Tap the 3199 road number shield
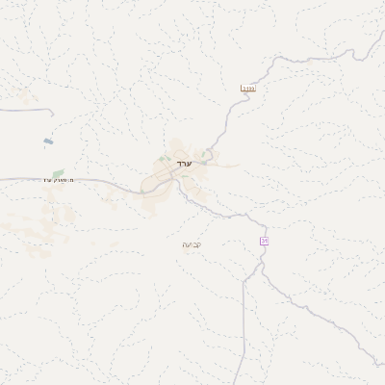tap(248, 89)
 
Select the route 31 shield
tap(263, 241)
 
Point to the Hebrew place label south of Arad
tap(191, 244)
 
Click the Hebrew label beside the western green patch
tap(58, 180)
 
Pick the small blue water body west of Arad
tap(48, 141)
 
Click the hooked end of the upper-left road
tap(49, 113)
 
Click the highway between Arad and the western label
tap(106, 181)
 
